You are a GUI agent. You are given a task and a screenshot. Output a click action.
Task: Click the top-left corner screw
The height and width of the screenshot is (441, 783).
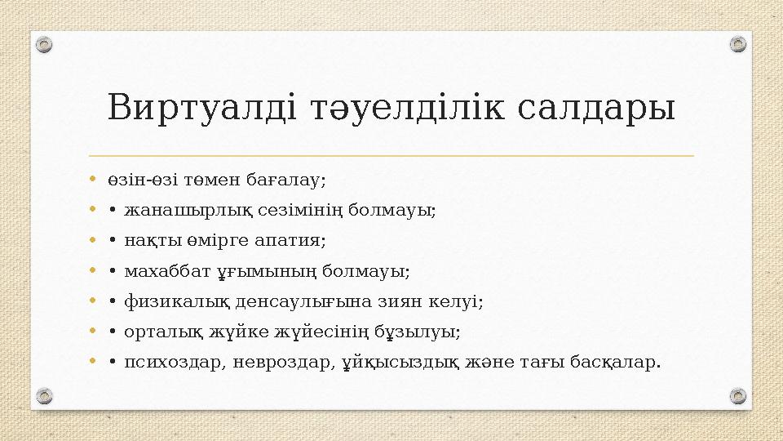tap(45, 44)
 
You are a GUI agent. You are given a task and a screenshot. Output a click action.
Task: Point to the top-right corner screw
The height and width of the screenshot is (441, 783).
tap(737, 44)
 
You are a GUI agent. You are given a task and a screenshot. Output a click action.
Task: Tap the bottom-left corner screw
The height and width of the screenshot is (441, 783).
tap(45, 396)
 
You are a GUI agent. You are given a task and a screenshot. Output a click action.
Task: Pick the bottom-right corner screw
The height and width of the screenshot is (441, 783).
tap(737, 396)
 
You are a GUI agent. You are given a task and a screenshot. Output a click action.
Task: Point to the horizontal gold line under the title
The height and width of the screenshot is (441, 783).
tap(391, 155)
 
